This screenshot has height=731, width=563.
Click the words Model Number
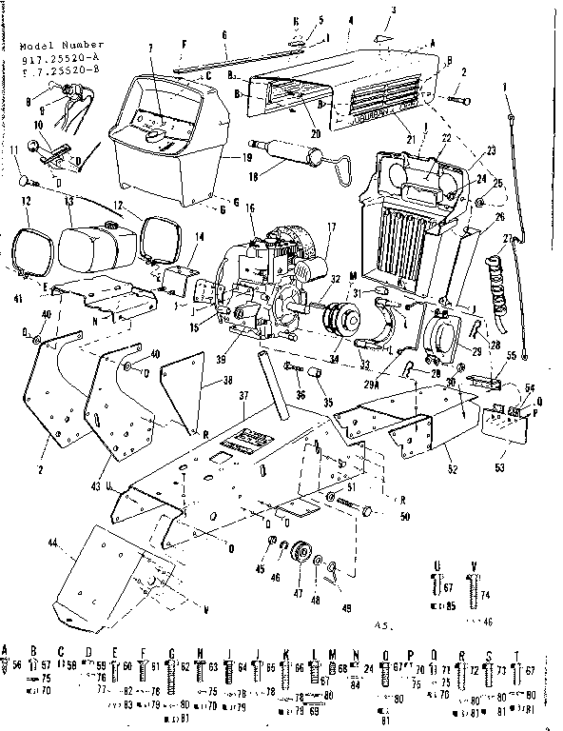tap(54, 45)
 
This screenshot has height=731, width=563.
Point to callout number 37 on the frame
tap(244, 395)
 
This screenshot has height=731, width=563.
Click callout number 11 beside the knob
tap(16, 150)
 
